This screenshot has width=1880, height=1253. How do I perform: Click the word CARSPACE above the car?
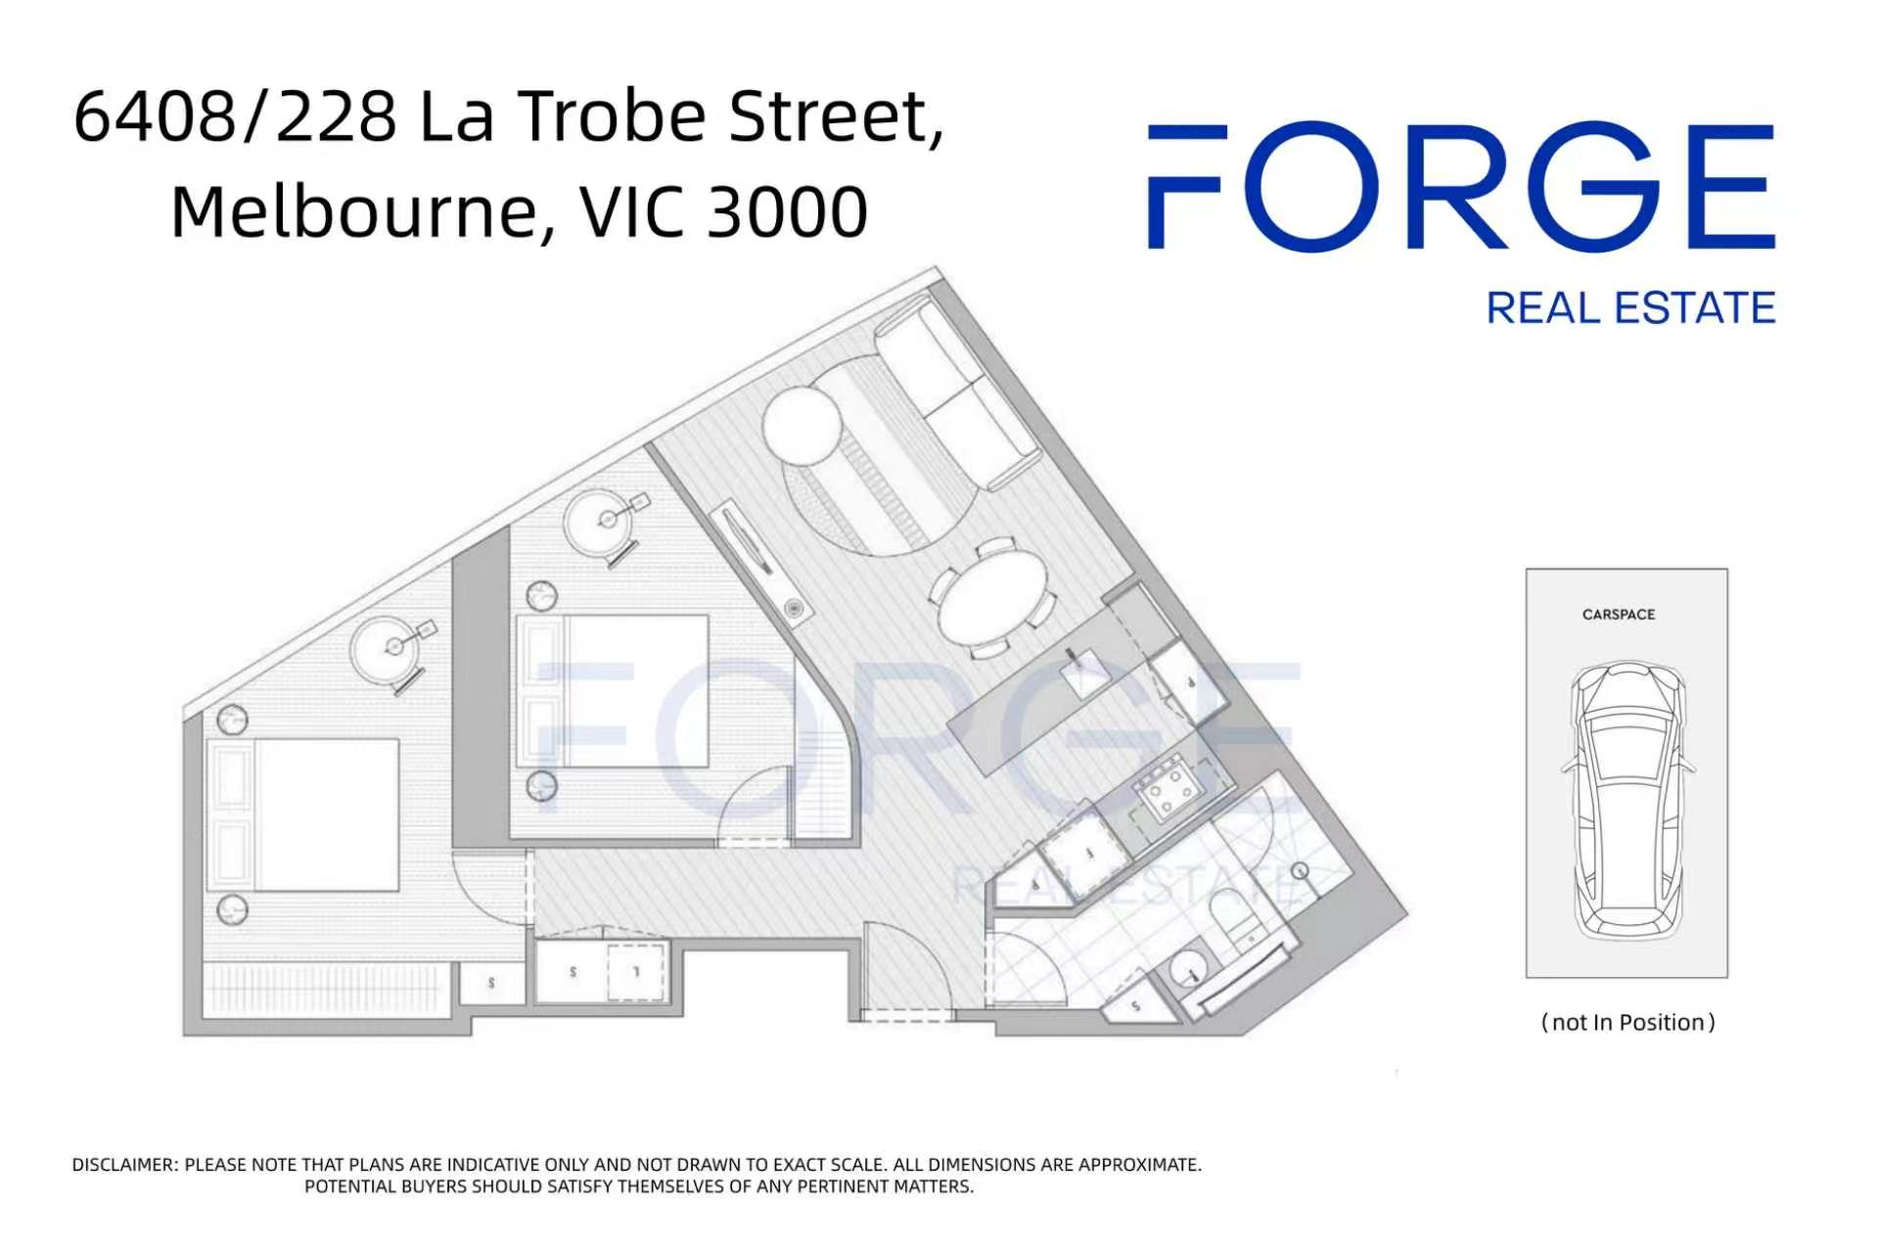(x=1619, y=615)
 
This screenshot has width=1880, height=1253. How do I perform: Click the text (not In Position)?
(x=1628, y=1023)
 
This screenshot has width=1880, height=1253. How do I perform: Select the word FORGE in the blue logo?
(x=1461, y=186)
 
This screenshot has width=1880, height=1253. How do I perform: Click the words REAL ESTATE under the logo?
(x=1630, y=308)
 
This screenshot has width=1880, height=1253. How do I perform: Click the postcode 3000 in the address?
(x=787, y=211)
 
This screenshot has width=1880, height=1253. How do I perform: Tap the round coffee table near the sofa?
(x=802, y=427)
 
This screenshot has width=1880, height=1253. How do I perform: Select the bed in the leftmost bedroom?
(x=303, y=815)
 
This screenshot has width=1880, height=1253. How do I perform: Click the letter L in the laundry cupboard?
(x=636, y=971)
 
